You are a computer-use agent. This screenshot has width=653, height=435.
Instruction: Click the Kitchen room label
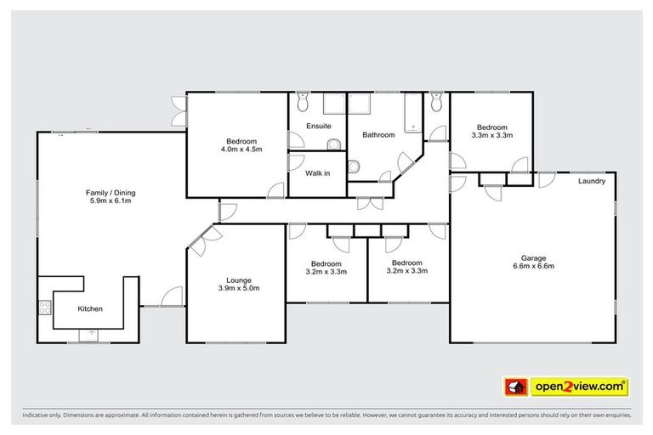[90, 308]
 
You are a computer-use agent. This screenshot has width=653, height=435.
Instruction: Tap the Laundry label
[591, 182]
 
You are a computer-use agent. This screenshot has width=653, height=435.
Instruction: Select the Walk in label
[318, 173]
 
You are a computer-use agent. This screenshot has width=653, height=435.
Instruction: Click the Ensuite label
[318, 127]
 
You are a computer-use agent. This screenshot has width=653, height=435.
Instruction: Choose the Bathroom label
[378, 134]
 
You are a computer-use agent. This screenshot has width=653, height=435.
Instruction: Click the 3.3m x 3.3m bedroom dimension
[491, 135]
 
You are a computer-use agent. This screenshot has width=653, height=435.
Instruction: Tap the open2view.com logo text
[579, 387]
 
